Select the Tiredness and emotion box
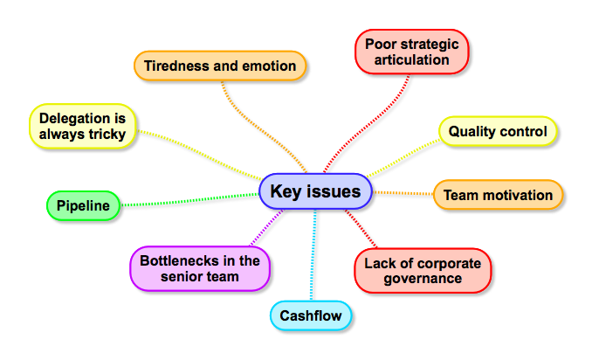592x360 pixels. [x=220, y=66]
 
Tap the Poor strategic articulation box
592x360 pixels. [x=412, y=51]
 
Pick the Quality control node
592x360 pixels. [x=497, y=132]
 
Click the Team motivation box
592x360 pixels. [x=498, y=195]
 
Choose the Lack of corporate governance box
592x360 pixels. [x=423, y=270]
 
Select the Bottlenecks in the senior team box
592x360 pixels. [x=199, y=268]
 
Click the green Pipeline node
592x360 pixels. [x=83, y=206]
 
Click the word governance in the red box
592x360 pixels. [x=423, y=279]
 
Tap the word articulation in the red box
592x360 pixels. [x=412, y=59]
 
